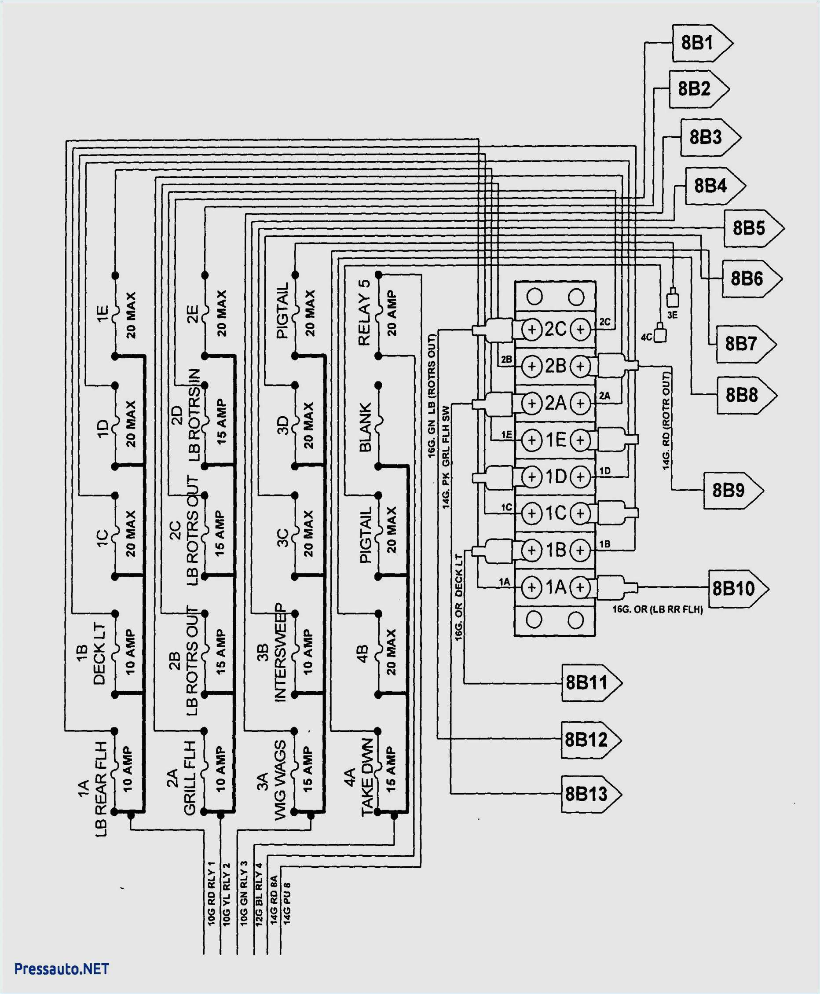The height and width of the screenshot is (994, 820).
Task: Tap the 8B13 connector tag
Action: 589,794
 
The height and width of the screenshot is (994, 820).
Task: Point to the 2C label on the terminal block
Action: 556,329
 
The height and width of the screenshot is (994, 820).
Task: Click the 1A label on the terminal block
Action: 556,587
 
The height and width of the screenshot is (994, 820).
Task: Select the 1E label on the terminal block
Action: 556,440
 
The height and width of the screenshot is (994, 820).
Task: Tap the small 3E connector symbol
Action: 673,299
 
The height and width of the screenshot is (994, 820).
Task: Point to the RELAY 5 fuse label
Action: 364,313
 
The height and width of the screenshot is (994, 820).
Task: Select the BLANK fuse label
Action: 365,427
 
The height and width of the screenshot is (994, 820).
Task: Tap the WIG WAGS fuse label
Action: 280,780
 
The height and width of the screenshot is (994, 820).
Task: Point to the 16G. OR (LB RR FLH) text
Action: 658,609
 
